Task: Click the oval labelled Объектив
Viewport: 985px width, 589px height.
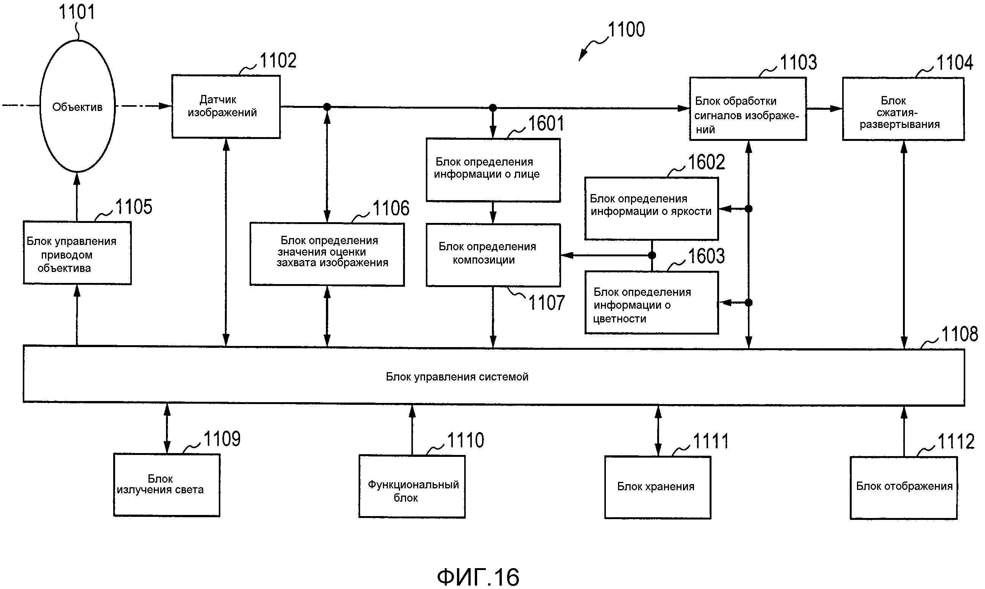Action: (77, 106)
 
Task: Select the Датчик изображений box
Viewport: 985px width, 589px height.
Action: (226, 106)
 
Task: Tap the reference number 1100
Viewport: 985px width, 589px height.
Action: (626, 30)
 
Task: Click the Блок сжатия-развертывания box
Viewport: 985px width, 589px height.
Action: (903, 109)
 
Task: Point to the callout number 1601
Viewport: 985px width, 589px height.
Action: (546, 123)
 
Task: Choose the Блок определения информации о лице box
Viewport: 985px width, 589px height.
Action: (493, 170)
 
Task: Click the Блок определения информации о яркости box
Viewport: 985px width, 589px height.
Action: (651, 208)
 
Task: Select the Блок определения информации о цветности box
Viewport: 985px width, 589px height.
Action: (651, 302)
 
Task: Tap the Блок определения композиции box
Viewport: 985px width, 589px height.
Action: (493, 255)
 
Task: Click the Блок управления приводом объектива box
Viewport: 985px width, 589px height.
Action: (77, 253)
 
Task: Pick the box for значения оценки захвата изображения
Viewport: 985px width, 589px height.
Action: (327, 254)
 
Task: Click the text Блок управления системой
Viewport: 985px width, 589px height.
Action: (457, 377)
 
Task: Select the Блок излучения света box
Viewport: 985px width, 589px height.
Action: (167, 485)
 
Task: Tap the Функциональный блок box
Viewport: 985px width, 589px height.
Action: (412, 486)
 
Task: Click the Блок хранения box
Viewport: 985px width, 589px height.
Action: (658, 487)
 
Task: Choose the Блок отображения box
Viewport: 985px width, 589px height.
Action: (903, 487)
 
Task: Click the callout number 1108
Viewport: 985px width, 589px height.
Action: (959, 334)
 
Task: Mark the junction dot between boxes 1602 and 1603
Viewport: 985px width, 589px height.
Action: (651, 255)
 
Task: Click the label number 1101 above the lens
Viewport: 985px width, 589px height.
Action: (77, 12)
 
